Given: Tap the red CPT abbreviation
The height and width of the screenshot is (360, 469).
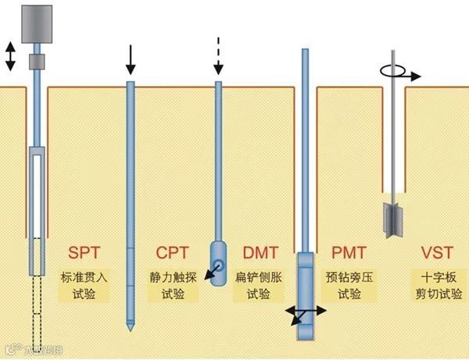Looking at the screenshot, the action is (171, 254).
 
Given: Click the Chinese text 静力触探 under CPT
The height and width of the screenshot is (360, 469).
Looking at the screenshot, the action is (171, 277).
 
